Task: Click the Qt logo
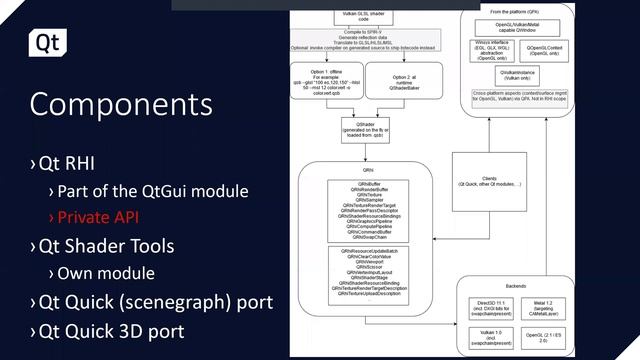point(46,43)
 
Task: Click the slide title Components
point(120,105)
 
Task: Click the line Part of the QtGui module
point(152,190)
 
